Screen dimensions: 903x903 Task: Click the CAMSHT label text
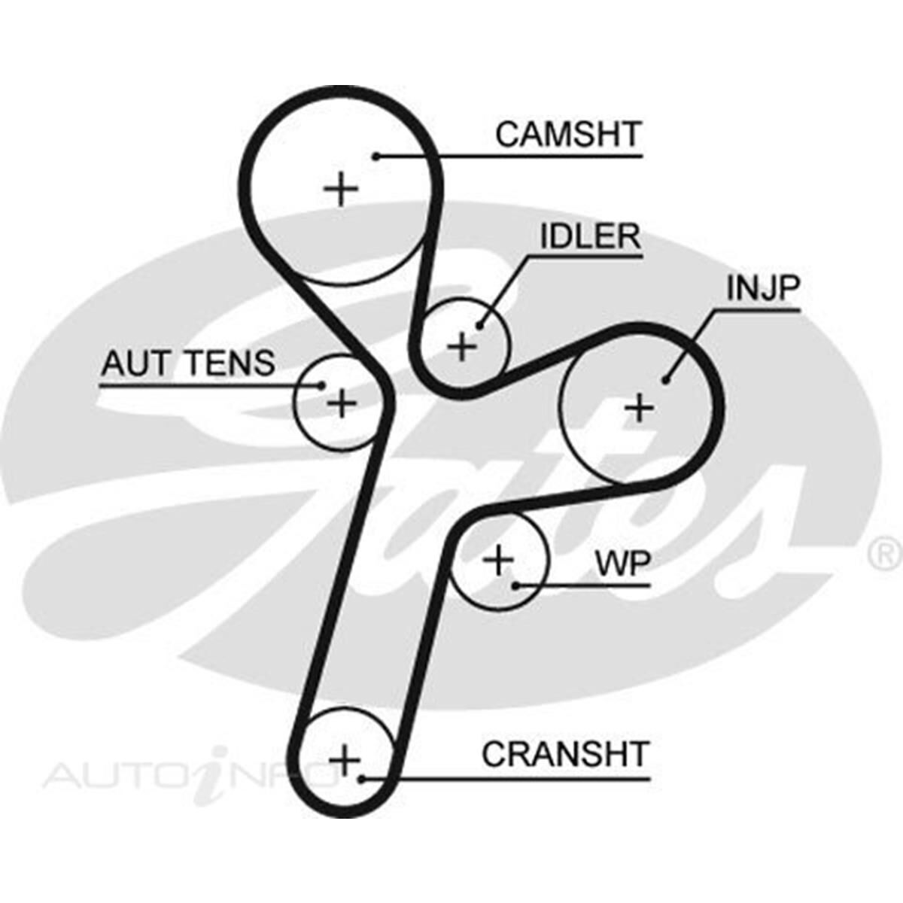567,135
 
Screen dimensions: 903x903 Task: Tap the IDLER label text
591,237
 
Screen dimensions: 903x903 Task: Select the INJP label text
762,288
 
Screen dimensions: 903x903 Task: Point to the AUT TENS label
188,364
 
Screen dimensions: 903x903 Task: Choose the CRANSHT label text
565,755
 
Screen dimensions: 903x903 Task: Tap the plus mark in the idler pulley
462,347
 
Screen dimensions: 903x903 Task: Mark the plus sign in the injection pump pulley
640,409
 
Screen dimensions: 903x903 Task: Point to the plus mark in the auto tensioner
342,403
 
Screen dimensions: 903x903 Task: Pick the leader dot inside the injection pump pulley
665,380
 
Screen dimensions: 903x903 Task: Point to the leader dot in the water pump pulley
515,585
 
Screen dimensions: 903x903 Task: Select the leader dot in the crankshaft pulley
362,778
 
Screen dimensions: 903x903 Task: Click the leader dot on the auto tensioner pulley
321,386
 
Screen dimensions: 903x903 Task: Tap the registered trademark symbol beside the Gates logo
886,555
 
